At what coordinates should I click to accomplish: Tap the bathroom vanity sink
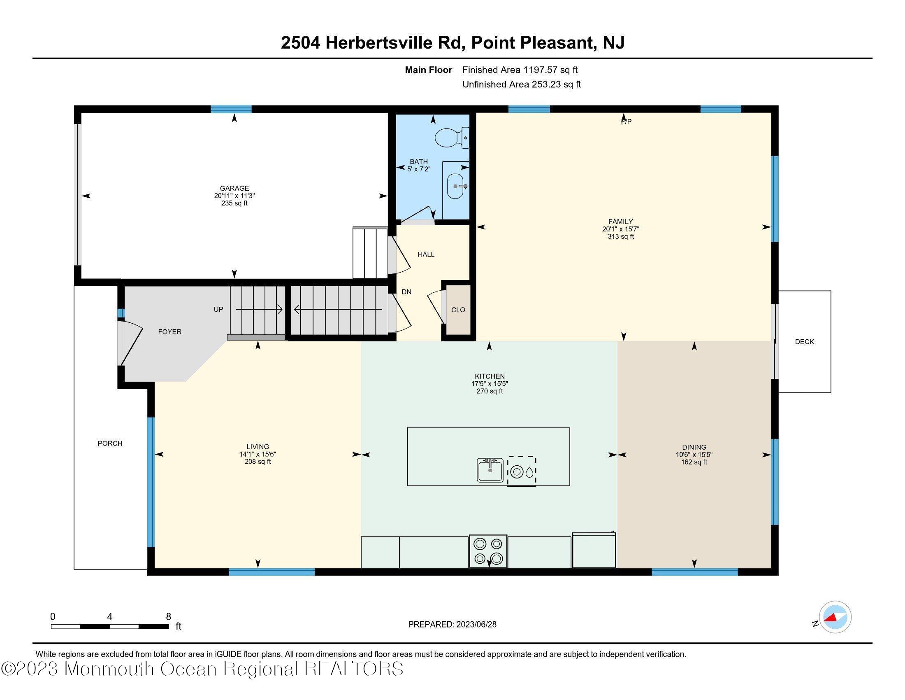(x=456, y=186)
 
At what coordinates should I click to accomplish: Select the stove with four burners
(x=488, y=551)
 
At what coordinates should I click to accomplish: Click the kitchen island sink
(x=490, y=470)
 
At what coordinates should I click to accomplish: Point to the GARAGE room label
(x=234, y=188)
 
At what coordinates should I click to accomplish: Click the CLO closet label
(x=458, y=310)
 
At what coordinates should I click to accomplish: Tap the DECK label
(x=804, y=342)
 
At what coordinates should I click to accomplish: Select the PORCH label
(x=110, y=443)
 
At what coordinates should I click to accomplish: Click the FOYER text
(x=169, y=332)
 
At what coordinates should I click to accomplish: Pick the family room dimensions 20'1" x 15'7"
(x=620, y=229)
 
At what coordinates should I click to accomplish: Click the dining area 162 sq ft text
(x=694, y=462)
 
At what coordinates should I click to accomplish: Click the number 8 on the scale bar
(x=168, y=617)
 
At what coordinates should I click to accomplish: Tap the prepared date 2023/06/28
(x=476, y=625)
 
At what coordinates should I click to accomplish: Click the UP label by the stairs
(x=218, y=309)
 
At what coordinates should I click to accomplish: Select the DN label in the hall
(x=406, y=292)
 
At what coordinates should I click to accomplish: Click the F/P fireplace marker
(x=626, y=121)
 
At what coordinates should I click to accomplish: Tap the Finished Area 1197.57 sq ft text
(x=520, y=70)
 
